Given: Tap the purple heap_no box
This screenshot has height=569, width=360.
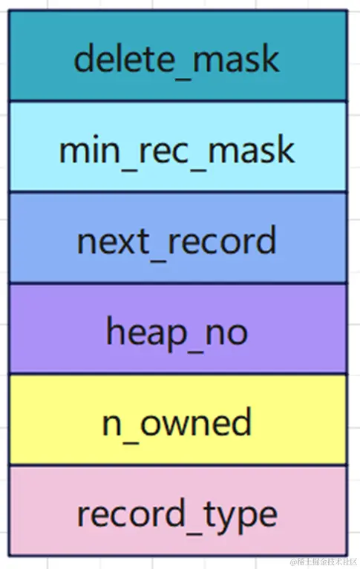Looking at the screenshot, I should coord(177,329).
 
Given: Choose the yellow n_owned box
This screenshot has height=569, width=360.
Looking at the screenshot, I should coord(177,420).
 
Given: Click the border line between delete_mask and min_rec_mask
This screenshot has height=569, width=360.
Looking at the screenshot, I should coord(177,101).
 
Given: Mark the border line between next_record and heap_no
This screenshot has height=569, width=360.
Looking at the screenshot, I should coord(177,283).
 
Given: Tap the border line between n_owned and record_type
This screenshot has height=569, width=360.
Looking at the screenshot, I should coord(177,465).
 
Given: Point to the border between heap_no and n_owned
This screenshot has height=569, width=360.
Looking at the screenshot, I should coord(177,374).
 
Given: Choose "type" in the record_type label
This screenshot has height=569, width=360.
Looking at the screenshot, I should coord(245,514).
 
